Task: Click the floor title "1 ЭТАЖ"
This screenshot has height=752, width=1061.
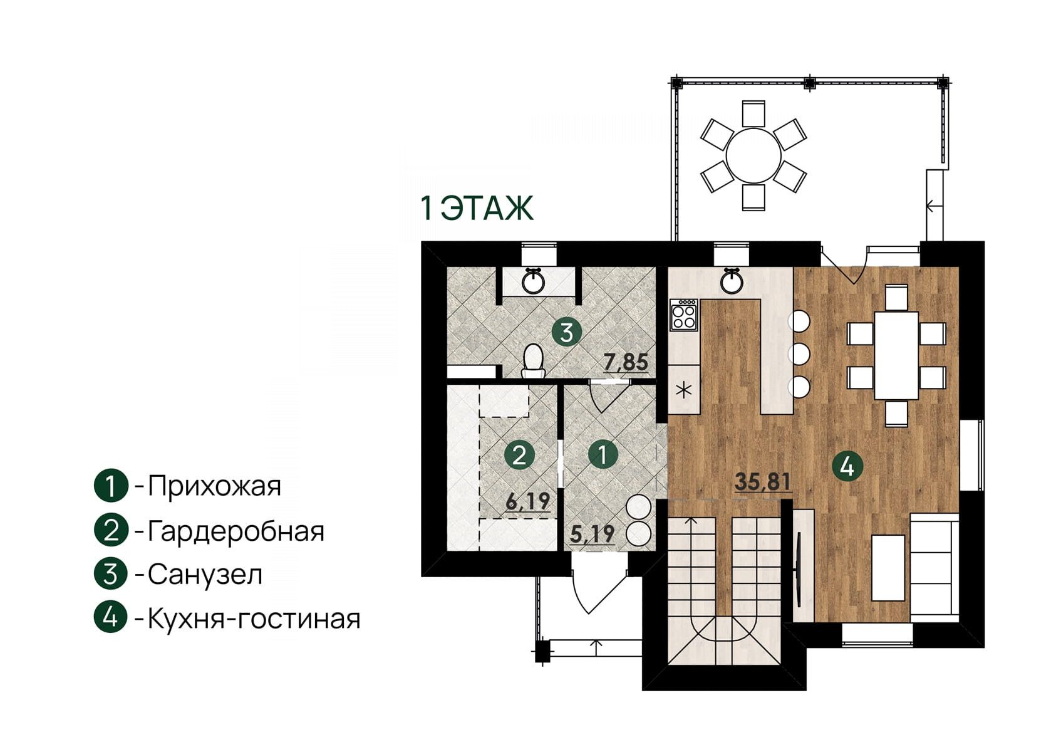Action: (x=477, y=209)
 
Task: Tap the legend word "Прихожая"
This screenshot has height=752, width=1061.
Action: (x=215, y=486)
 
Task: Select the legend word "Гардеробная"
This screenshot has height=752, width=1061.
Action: (x=236, y=531)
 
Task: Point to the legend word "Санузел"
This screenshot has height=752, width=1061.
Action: (x=205, y=575)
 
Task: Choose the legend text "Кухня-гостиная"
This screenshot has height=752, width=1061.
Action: (x=254, y=619)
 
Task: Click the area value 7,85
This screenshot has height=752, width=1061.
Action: (x=626, y=362)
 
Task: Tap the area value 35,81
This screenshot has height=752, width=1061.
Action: (x=763, y=482)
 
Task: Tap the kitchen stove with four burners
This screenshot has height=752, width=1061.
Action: (x=683, y=315)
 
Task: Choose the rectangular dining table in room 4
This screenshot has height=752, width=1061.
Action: (x=896, y=355)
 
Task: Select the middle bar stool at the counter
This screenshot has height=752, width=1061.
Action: (x=799, y=354)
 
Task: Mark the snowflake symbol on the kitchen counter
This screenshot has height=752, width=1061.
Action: (x=683, y=390)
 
